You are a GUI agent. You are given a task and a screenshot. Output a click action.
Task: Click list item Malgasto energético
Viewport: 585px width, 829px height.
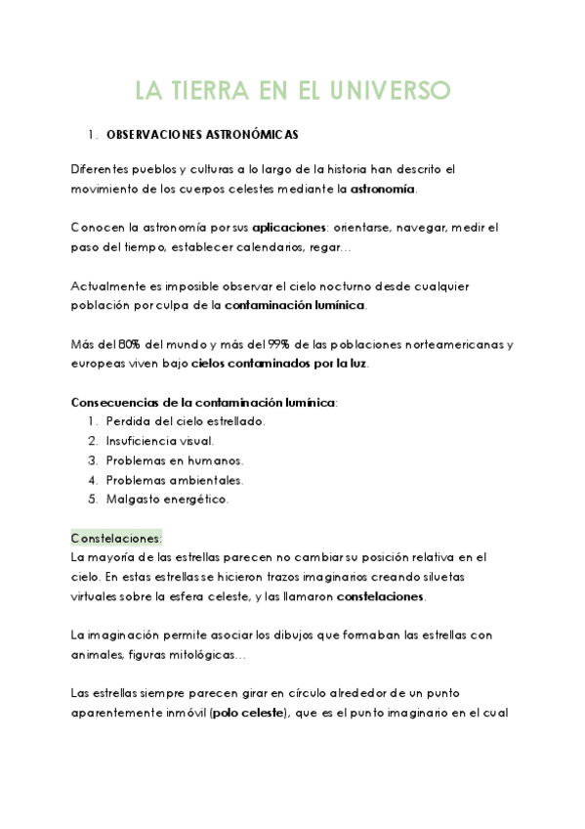(x=167, y=500)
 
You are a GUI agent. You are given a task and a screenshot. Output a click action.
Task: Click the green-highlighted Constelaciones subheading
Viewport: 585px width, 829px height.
(x=116, y=539)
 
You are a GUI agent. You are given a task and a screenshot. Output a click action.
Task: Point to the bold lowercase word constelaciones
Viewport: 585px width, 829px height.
(x=380, y=596)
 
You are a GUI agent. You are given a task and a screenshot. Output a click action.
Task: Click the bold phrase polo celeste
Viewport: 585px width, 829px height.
(x=244, y=714)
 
